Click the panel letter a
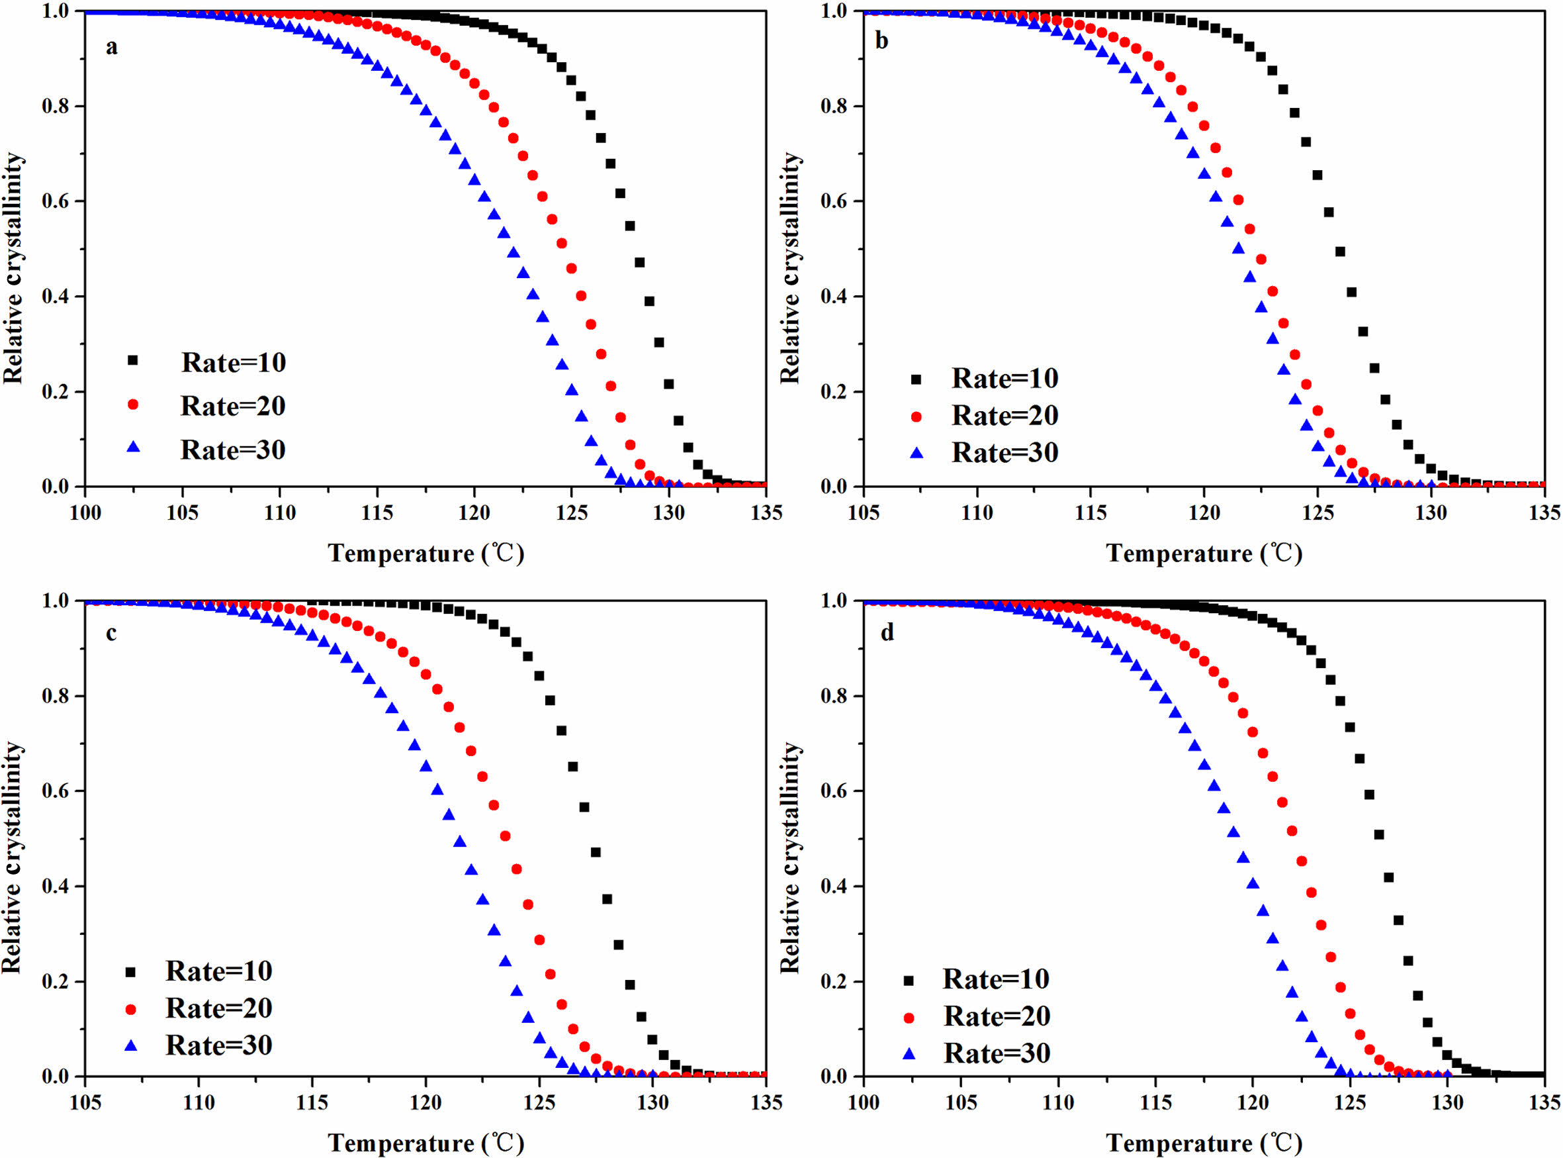click(x=111, y=48)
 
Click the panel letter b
click(x=882, y=40)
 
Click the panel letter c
click(x=111, y=633)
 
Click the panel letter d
click(x=887, y=633)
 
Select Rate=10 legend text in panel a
click(x=234, y=362)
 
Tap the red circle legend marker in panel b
click(x=916, y=416)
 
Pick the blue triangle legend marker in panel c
click(x=130, y=1045)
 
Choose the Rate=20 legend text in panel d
click(x=997, y=1016)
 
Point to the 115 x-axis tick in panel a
click(x=377, y=513)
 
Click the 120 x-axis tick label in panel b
click(x=1204, y=513)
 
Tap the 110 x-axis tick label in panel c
click(x=199, y=1102)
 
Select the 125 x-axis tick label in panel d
click(x=1349, y=1102)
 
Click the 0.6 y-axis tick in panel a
click(x=56, y=202)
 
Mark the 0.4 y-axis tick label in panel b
click(x=833, y=297)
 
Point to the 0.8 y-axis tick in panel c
click(x=56, y=697)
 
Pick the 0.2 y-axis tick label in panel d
click(x=833, y=982)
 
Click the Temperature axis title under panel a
click(x=426, y=554)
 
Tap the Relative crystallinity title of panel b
click(x=790, y=267)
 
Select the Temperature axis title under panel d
click(x=1204, y=1143)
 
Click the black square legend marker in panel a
click(x=132, y=360)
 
